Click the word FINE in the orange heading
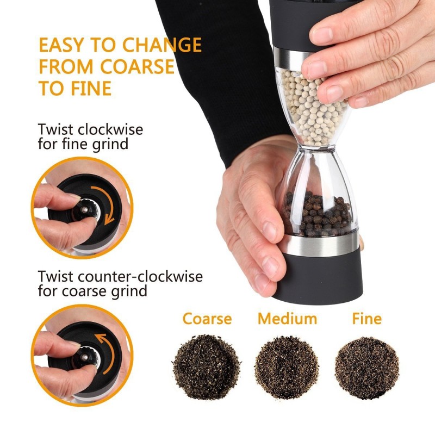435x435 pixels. (88, 88)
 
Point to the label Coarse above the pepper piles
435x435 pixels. (207, 319)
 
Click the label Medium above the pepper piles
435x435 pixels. (287, 319)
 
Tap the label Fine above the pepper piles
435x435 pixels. (367, 319)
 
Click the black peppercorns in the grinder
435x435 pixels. (315, 215)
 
